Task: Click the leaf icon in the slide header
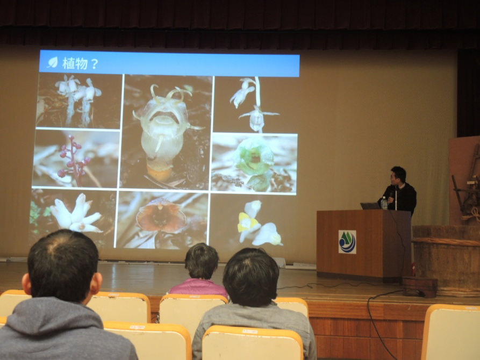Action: pyautogui.click(x=53, y=62)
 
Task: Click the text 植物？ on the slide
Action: pyautogui.click(x=80, y=63)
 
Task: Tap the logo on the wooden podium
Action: pyautogui.click(x=347, y=242)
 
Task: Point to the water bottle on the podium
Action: pyautogui.click(x=384, y=203)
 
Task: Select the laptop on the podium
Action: pyautogui.click(x=370, y=206)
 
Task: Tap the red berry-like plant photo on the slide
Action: pyautogui.click(x=76, y=159)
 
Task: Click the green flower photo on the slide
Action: pyautogui.click(x=254, y=163)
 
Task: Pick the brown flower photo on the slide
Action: pyautogui.click(x=162, y=219)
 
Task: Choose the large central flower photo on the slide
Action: pyautogui.click(x=167, y=132)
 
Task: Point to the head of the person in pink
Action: pyautogui.click(x=201, y=261)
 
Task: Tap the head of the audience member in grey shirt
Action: pyautogui.click(x=251, y=277)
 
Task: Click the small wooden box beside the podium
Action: pyautogui.click(x=420, y=286)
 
